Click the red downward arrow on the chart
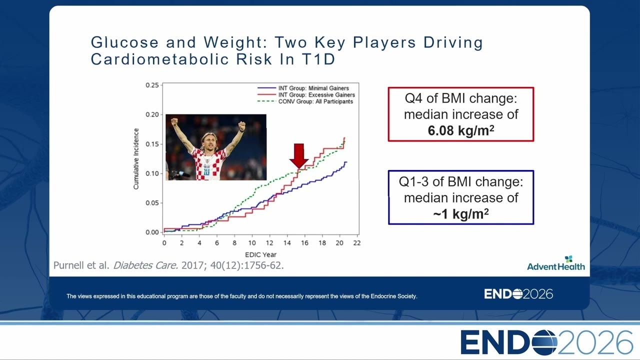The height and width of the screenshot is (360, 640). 299,156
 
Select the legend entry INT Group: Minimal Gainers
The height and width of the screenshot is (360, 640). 303,88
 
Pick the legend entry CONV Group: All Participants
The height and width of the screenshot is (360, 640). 305,101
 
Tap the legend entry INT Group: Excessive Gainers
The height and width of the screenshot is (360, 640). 306,95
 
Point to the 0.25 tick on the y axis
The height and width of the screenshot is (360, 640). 152,85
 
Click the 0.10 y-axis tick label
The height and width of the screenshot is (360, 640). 152,173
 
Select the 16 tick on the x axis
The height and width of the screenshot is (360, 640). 304,243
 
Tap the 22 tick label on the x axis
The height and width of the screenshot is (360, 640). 357,243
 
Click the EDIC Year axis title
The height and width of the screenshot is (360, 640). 260,254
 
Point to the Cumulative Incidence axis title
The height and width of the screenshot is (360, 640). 136,158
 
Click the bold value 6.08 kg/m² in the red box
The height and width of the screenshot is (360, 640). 461,130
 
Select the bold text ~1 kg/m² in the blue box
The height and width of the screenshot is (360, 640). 461,213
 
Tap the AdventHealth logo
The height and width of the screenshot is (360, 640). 555,263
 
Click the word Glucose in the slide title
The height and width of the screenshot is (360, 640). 124,42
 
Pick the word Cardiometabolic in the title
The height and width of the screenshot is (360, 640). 159,59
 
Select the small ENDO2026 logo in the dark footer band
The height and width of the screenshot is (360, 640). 518,294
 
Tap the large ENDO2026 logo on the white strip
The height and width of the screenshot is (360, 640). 546,342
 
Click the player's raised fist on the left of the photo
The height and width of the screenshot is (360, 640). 174,122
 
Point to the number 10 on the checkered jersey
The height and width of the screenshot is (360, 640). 207,171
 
